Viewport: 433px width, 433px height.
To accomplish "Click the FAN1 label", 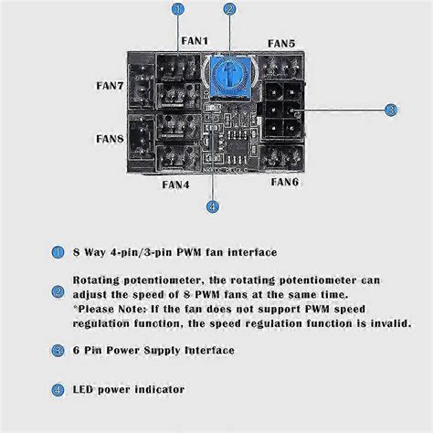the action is [x=195, y=41].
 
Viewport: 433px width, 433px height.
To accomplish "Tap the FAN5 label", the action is [x=281, y=43].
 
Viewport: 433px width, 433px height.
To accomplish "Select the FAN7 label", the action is [x=110, y=86].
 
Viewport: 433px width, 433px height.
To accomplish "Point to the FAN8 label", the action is [x=110, y=139].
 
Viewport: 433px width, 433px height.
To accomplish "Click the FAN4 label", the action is [x=175, y=185].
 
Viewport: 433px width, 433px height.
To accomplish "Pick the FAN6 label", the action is [x=285, y=182].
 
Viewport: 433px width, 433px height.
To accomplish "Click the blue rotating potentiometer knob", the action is [x=230, y=76].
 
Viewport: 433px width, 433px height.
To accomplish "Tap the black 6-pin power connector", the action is [x=283, y=111].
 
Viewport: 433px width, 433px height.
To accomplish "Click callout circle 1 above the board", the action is [x=178, y=9].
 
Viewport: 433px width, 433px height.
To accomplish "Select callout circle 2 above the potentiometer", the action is [x=229, y=9].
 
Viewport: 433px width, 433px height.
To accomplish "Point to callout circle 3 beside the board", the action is [x=391, y=110].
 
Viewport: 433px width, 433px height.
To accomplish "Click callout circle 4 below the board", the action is [x=213, y=206].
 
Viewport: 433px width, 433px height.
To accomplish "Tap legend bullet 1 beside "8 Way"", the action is [x=58, y=252].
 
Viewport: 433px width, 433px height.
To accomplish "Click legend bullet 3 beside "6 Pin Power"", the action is [x=58, y=351].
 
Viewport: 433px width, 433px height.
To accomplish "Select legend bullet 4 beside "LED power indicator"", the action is [x=58, y=390].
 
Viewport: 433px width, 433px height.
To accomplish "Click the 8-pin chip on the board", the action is [x=238, y=147].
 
